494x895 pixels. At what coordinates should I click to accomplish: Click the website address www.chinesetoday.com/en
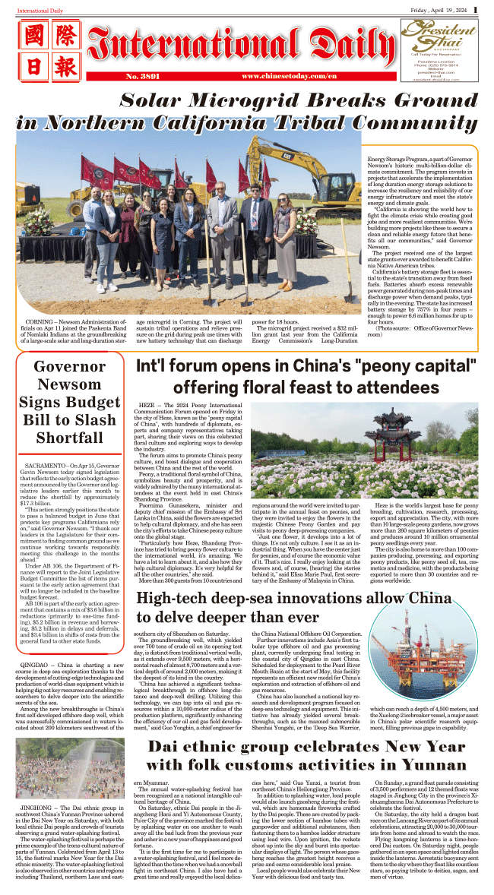click(289, 77)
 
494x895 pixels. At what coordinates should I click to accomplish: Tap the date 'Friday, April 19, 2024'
click(436, 10)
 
